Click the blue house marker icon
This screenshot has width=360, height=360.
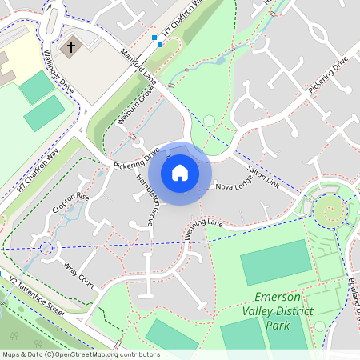(180, 172)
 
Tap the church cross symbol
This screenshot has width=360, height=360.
(70, 47)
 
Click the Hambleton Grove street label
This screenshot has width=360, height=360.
(145, 199)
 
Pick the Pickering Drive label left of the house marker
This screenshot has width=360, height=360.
(138, 158)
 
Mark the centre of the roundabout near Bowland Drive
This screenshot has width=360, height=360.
(328, 212)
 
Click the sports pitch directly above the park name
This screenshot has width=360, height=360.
(275, 262)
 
